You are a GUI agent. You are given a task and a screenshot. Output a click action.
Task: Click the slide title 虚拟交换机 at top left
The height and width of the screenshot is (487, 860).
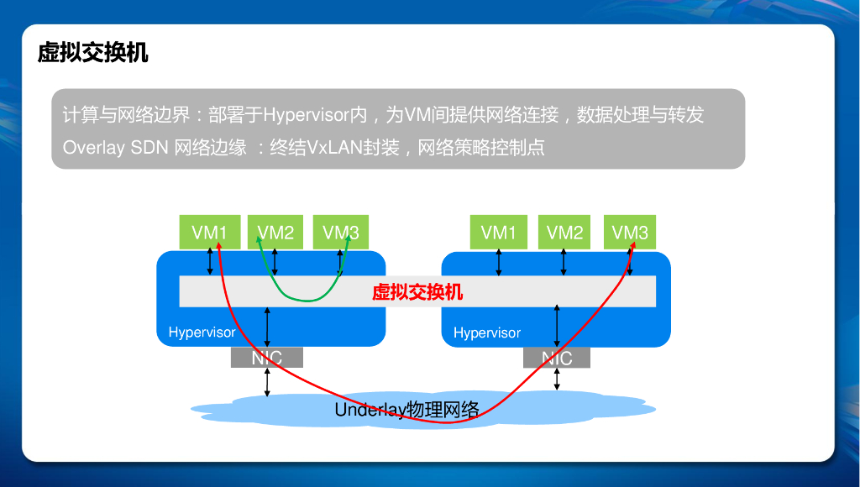coord(93,53)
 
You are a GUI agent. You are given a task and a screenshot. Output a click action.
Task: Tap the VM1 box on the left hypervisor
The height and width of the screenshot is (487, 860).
coord(210,233)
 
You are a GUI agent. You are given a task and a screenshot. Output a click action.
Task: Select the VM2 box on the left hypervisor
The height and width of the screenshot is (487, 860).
coord(275,233)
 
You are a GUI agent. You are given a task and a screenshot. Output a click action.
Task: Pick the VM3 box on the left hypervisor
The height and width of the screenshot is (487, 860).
coord(341,233)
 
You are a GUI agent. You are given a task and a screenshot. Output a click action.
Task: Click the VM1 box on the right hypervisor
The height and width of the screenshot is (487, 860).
coord(499,233)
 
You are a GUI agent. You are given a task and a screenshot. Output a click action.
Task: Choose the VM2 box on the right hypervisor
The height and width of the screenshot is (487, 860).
coord(564,233)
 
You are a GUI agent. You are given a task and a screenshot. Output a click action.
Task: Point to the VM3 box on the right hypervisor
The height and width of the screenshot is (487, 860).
coord(630,233)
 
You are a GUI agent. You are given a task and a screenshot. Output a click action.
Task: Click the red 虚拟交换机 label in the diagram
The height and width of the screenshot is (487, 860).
coord(417,292)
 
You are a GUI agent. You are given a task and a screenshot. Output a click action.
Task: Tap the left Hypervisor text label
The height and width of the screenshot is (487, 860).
coord(202,333)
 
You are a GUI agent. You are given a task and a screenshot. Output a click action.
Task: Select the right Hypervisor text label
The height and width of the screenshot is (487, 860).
coord(487,333)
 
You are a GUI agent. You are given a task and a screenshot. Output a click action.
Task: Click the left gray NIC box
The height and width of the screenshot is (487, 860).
coord(267,359)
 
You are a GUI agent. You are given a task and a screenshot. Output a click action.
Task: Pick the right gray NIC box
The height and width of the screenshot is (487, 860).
coord(556,359)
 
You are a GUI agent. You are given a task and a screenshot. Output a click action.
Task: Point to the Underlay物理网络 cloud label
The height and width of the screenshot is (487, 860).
coord(407,410)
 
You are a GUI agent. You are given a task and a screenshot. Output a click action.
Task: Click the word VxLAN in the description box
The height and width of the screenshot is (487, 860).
coord(333,148)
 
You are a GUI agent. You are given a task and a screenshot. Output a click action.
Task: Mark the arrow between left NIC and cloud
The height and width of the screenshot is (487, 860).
coord(267,381)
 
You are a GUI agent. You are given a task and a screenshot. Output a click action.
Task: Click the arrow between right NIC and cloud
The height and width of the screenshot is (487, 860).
coord(556,379)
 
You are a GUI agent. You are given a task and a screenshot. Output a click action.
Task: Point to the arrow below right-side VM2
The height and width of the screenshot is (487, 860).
coord(564,262)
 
